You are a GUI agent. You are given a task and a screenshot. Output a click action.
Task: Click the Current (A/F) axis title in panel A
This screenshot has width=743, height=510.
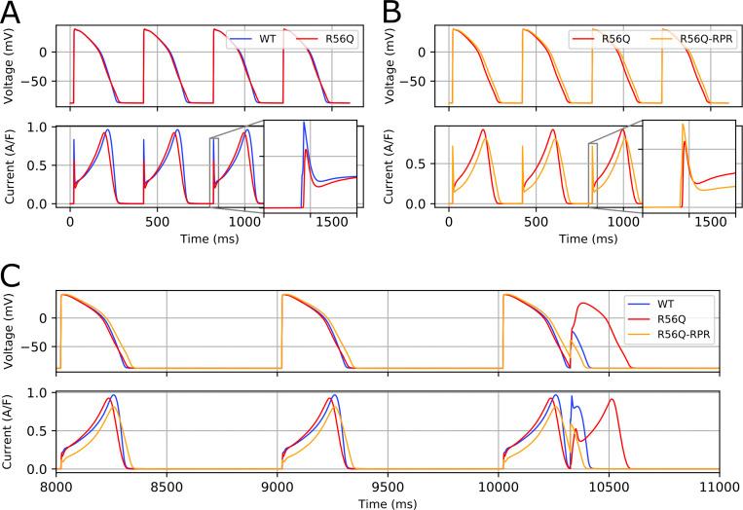pos(11,164)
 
